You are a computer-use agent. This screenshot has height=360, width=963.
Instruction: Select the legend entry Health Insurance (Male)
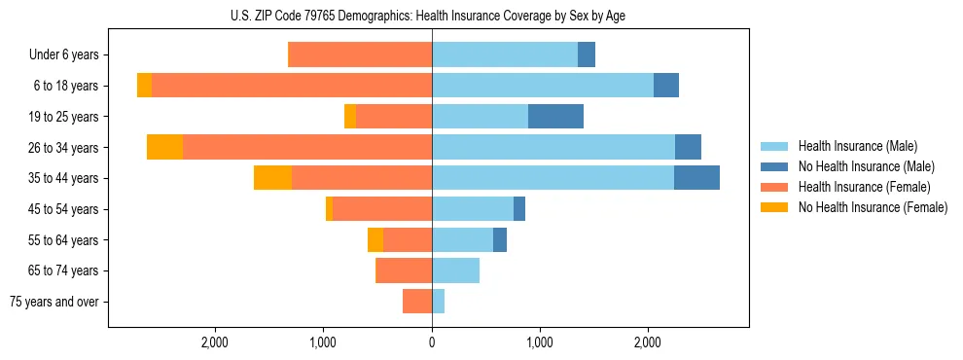click(x=857, y=146)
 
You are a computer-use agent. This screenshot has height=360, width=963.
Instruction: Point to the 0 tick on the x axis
click(x=432, y=342)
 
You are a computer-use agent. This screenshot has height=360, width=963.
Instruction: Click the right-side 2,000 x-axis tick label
click(x=649, y=342)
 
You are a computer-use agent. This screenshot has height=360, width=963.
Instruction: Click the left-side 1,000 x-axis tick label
click(x=323, y=342)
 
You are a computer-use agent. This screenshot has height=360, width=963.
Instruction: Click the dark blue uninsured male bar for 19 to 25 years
click(x=555, y=117)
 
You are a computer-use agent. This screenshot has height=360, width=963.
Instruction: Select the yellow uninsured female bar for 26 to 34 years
click(x=164, y=147)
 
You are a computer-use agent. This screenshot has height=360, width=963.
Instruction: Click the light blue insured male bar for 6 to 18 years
click(x=543, y=86)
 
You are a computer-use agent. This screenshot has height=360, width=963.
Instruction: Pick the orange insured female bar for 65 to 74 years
click(x=404, y=270)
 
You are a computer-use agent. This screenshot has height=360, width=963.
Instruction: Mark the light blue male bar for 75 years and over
click(x=438, y=302)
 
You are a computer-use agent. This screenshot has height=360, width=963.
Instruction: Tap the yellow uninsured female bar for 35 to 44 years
click(x=272, y=178)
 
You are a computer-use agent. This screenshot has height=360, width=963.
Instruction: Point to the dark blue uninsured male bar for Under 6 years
click(x=587, y=55)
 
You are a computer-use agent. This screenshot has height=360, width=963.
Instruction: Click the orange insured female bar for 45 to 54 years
click(x=382, y=209)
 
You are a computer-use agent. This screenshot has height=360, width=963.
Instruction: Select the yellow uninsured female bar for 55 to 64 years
click(x=375, y=239)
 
